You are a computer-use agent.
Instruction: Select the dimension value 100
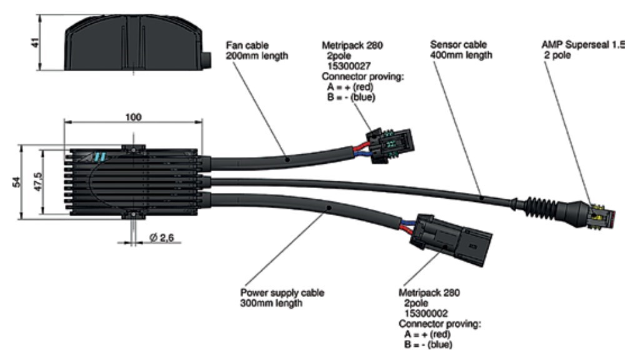[x=132, y=117]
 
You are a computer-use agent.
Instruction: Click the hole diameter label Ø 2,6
[x=162, y=238]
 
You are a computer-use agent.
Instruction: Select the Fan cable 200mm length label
[x=257, y=49]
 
